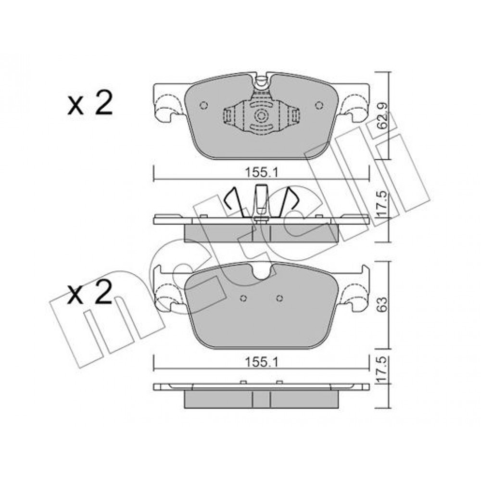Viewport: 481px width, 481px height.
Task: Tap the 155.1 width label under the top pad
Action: click(x=261, y=173)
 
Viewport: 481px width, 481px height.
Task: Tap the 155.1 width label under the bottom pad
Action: click(x=261, y=363)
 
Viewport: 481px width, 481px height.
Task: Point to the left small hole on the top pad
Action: click(x=203, y=105)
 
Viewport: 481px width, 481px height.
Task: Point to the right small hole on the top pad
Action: click(x=319, y=105)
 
